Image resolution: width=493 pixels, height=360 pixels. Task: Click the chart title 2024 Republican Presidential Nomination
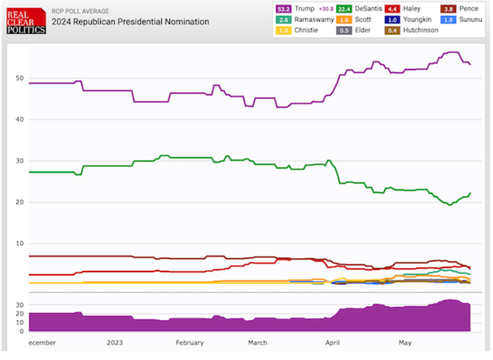[x=131, y=22]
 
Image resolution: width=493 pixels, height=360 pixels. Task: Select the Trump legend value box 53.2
[x=284, y=9]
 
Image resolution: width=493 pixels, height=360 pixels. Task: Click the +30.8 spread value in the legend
[x=326, y=9]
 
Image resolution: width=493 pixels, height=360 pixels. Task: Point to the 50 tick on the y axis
[x=20, y=78]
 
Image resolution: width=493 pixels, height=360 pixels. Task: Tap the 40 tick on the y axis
[x=20, y=120]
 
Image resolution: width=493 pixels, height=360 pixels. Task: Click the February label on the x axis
[x=190, y=343]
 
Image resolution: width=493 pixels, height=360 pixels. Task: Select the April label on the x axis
[x=333, y=343]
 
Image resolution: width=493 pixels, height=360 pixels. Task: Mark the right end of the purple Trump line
[x=470, y=64]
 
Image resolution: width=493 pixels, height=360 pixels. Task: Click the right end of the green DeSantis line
[x=470, y=193]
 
